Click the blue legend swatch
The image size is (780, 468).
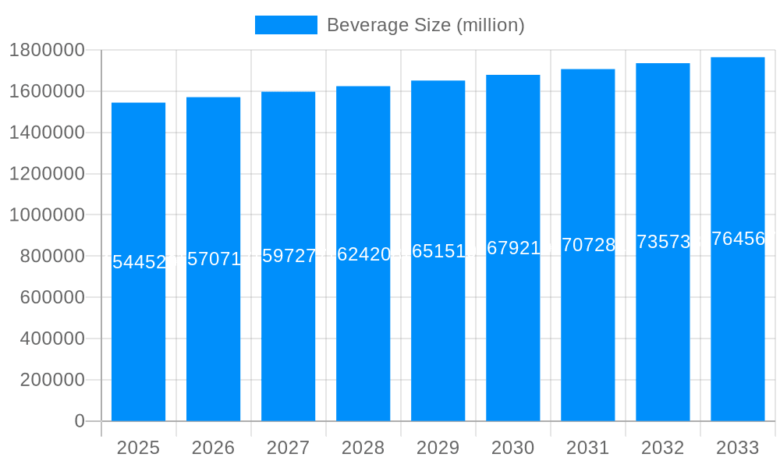(285, 25)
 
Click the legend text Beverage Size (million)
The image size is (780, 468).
(425, 25)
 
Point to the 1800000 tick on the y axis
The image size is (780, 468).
(47, 51)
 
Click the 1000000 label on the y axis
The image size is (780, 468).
(47, 215)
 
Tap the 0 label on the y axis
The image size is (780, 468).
(80, 421)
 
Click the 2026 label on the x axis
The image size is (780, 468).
(213, 448)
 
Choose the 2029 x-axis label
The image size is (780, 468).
(438, 448)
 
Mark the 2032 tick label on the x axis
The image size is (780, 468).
(662, 448)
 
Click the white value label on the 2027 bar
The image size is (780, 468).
(288, 257)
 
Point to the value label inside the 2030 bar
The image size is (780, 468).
(512, 248)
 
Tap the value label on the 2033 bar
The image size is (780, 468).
(737, 239)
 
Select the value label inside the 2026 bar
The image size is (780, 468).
(213, 260)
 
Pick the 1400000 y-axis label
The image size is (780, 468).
(47, 133)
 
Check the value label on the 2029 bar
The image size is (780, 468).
(438, 251)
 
